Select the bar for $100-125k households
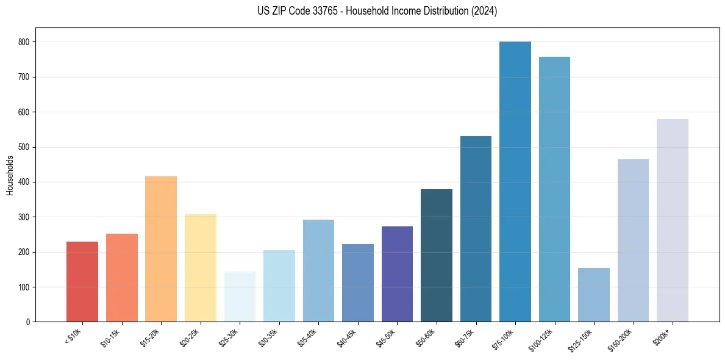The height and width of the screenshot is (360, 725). [554, 189]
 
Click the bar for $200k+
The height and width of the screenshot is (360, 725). [673, 220]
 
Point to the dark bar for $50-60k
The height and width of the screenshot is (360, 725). [437, 256]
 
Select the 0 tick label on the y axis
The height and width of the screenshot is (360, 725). [29, 322]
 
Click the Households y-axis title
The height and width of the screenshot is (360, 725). [10, 175]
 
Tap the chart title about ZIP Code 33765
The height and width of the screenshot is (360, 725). [377, 11]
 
